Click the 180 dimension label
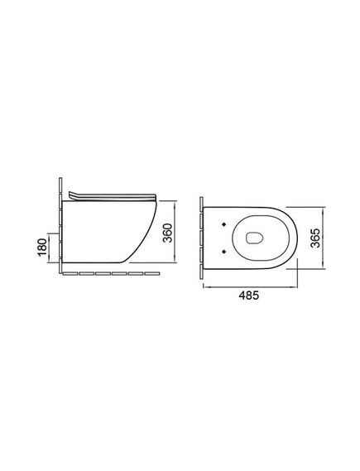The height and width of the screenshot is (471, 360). (42, 247)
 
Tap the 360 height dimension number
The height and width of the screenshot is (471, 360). (167, 233)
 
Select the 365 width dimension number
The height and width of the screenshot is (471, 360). (315, 238)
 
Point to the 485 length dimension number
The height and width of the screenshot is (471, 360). (248, 296)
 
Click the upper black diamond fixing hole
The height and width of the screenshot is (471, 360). (223, 224)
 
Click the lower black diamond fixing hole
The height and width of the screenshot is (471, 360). (223, 251)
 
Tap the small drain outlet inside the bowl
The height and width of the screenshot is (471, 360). (254, 238)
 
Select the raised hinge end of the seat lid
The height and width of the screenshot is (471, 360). (71, 195)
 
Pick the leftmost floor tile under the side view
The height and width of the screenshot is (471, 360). (70, 274)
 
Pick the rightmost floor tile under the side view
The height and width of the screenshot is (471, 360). (152, 274)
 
